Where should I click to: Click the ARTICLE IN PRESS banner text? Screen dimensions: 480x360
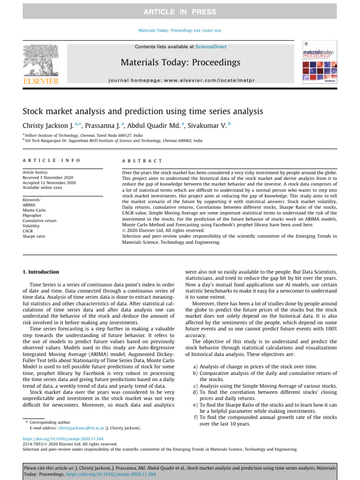180,12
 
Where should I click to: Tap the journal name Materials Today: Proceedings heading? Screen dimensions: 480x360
180,62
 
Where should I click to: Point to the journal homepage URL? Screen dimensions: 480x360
180,81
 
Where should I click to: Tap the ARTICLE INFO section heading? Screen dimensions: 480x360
52,160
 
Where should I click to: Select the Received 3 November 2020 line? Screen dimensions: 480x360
49,177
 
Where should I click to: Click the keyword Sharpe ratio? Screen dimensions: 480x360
34,236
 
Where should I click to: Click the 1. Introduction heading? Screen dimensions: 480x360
41,272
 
